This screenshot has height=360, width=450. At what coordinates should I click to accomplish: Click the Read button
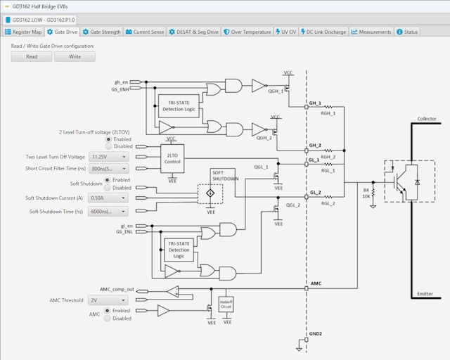(x=32, y=56)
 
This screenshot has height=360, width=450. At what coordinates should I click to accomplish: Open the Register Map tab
(x=24, y=32)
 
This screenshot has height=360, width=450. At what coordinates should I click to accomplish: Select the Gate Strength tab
(x=101, y=32)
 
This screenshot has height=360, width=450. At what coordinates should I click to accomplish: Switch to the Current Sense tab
(x=145, y=32)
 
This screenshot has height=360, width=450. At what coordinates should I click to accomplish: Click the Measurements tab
(x=372, y=32)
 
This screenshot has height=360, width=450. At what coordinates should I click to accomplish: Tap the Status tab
(x=407, y=32)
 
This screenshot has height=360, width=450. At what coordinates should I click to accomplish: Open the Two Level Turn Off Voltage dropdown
(x=109, y=157)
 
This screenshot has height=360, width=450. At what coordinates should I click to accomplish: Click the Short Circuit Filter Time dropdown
(x=109, y=169)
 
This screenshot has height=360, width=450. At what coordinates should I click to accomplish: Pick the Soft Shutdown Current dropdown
(x=109, y=198)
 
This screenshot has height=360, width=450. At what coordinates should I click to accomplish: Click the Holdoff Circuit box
(x=226, y=304)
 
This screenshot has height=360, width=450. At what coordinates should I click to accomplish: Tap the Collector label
(x=427, y=119)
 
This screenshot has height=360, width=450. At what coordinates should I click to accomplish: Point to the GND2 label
(x=315, y=334)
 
